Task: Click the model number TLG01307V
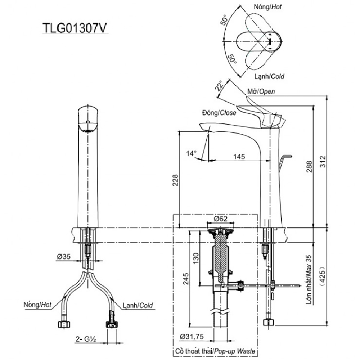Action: point(75,28)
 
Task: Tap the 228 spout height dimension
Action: point(175,180)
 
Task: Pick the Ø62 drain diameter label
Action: point(220,219)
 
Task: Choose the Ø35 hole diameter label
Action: point(64,256)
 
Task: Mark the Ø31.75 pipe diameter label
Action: point(192,337)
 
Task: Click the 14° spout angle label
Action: point(191,153)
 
